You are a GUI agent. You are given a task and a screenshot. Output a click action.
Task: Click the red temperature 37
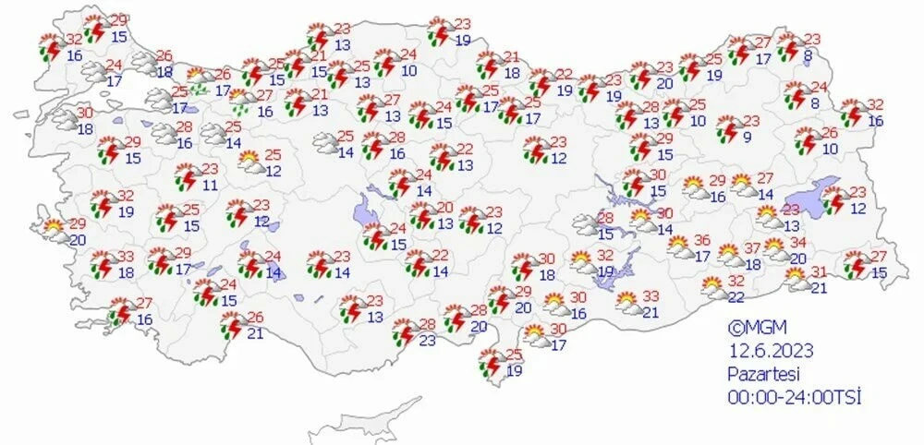pyautogui.click(x=753, y=248)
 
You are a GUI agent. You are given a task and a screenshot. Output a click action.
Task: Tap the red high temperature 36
pyautogui.click(x=701, y=240)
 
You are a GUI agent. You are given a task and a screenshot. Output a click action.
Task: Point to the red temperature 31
pyautogui.click(x=819, y=271)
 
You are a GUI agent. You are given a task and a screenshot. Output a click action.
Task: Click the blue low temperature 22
pyautogui.click(x=736, y=296)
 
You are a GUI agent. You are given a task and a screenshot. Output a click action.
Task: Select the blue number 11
pyautogui.click(x=211, y=185)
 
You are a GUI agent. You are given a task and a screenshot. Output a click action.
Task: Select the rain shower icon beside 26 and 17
pyautogui.click(x=197, y=82)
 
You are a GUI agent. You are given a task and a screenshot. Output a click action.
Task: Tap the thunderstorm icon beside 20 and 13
pyautogui.click(x=421, y=216)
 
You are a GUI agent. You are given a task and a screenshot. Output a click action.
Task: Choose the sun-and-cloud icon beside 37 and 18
pyautogui.click(x=729, y=256)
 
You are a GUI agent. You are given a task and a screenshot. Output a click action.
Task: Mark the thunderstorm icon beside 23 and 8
pyautogui.click(x=790, y=46)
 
